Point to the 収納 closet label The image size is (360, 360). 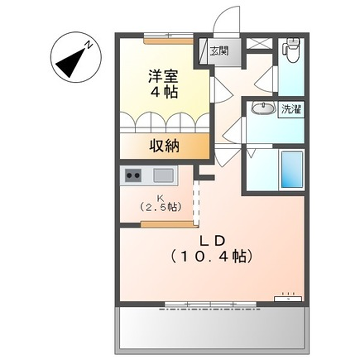[165, 146]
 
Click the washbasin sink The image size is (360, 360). [264, 109]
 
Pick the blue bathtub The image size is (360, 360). [292, 168]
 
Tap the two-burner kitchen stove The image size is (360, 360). [134, 176]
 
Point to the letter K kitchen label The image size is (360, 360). [159, 197]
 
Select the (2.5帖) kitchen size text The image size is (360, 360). [159, 208]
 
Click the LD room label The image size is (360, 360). [210, 239]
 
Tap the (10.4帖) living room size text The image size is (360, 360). [210, 256]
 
